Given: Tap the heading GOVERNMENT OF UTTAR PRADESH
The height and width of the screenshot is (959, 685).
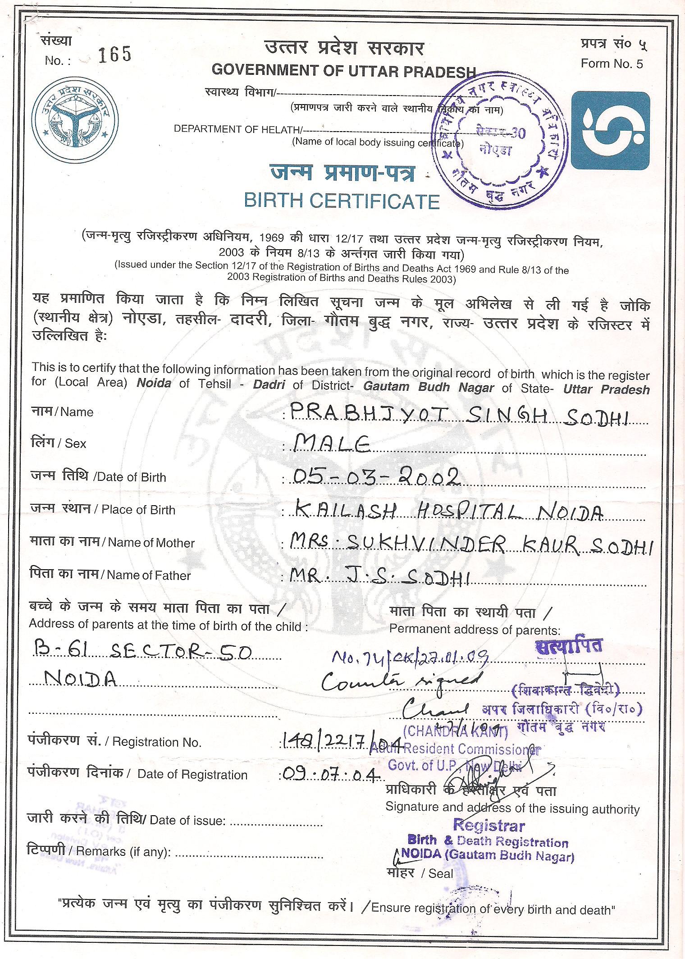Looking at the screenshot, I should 343,70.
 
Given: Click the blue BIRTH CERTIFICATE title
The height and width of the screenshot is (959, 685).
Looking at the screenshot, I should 342,201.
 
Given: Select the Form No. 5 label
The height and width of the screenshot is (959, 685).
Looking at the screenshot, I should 612,64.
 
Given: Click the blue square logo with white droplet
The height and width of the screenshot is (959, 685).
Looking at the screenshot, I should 610,130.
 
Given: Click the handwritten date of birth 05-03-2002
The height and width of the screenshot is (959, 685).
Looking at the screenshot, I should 376,476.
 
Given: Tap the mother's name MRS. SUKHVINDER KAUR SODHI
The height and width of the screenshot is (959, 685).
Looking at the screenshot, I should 470,544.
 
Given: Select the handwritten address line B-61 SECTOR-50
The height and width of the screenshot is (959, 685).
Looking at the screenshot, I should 142,652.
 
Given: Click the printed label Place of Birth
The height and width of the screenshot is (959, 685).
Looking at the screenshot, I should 138,510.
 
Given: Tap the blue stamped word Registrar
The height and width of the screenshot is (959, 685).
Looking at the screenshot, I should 489,826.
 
